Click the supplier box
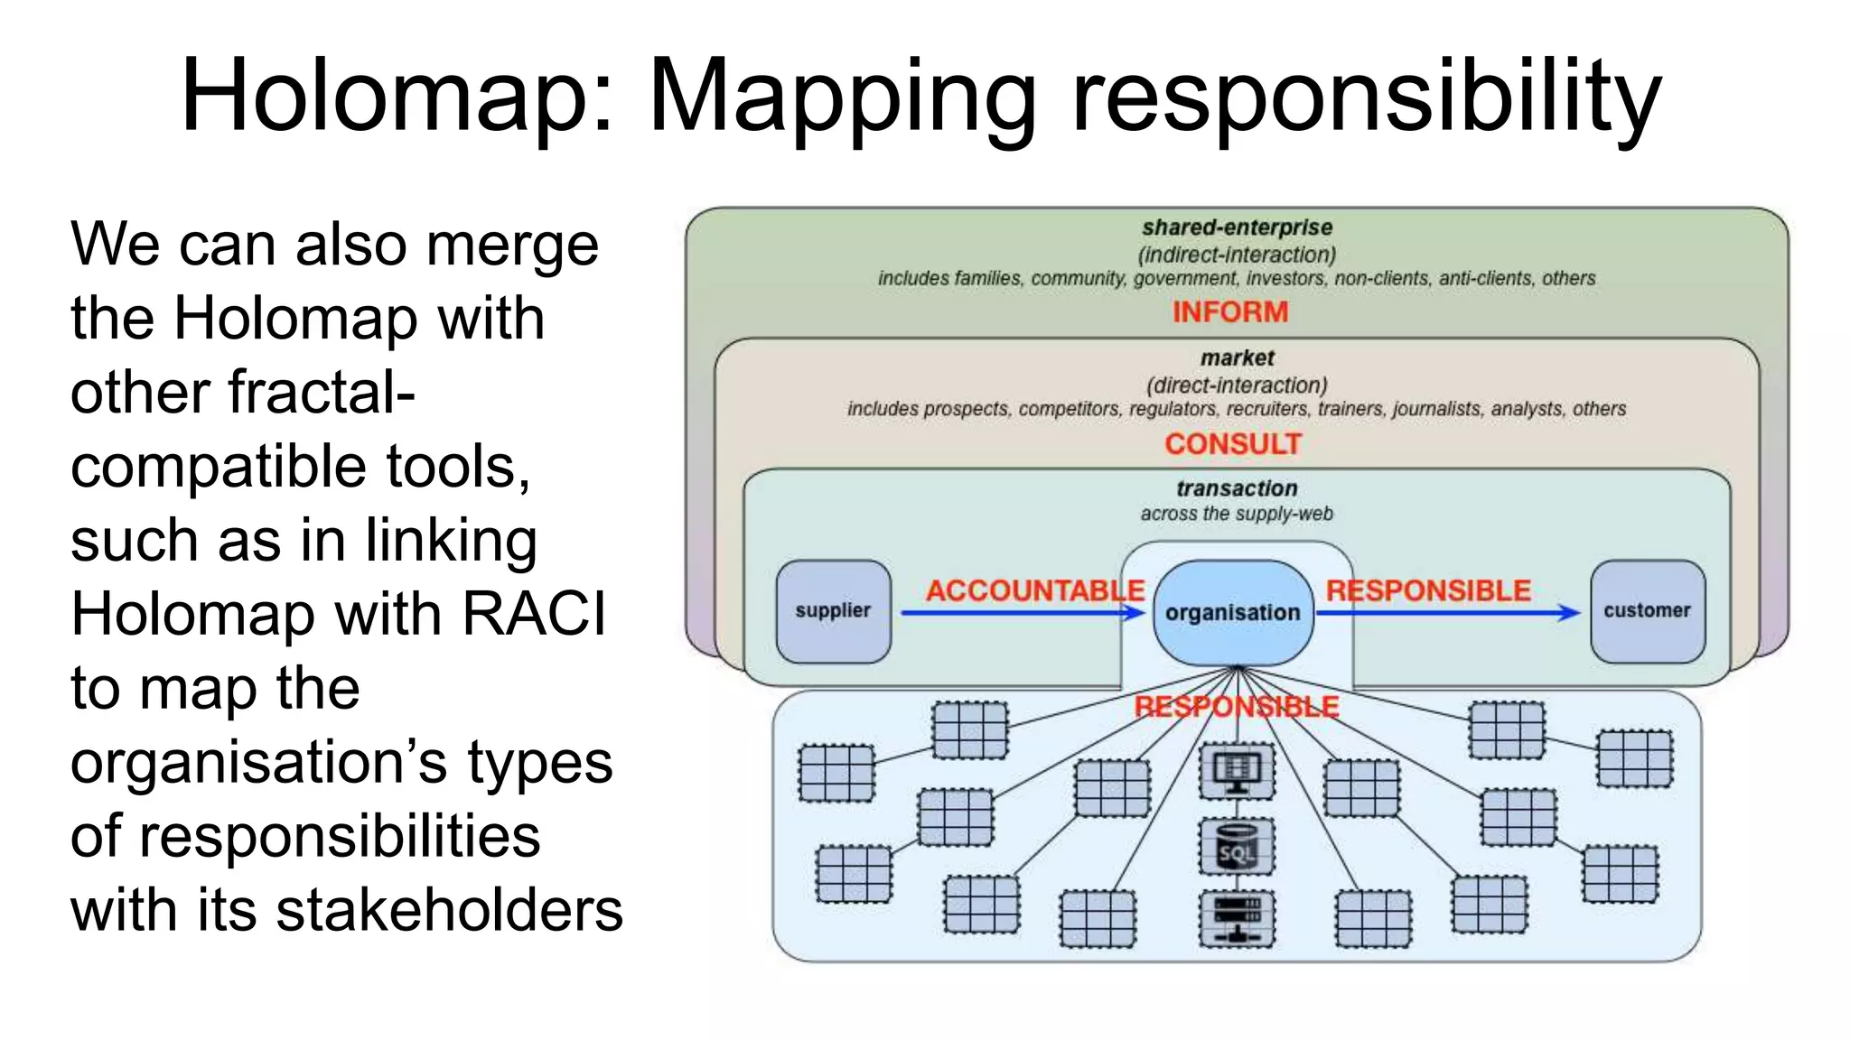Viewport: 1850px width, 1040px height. coord(833,611)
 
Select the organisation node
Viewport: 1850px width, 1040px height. coord(1233,612)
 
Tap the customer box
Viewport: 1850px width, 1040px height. coord(1648,611)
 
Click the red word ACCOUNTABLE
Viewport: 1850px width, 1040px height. coord(1035,590)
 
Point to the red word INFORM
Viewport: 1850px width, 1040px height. coord(1230,312)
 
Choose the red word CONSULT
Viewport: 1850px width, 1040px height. coord(1233,444)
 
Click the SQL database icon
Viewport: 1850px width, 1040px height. coord(1237,847)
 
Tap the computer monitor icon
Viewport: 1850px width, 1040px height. coord(1237,771)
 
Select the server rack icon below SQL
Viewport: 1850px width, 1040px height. coord(1237,918)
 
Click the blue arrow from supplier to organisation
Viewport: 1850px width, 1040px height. coord(1021,613)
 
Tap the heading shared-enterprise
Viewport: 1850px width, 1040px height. coord(1237,227)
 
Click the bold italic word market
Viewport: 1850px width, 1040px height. coord(1237,358)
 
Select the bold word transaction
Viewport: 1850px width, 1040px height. coord(1237,488)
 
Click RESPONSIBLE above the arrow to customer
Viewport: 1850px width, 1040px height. coord(1428,590)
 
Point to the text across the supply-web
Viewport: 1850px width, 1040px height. coord(1237,514)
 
